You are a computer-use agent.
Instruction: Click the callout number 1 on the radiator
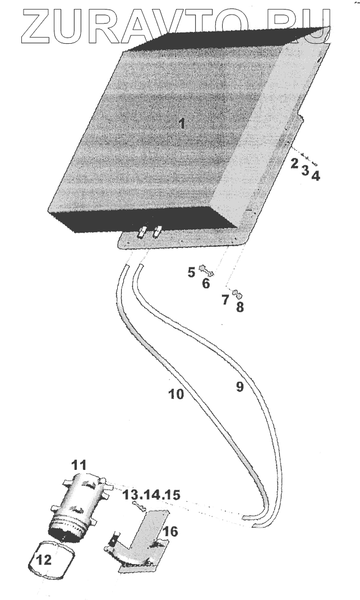pos(181,124)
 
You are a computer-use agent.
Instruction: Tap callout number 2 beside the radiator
pos(294,164)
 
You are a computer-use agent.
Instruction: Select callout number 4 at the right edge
pos(316,176)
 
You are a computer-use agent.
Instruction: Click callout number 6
pos(206,284)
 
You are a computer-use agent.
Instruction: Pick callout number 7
pos(225,299)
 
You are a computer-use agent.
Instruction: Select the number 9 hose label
pos(239,387)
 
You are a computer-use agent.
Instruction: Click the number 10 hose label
pos(176,394)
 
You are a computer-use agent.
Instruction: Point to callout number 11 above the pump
pos(79,465)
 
